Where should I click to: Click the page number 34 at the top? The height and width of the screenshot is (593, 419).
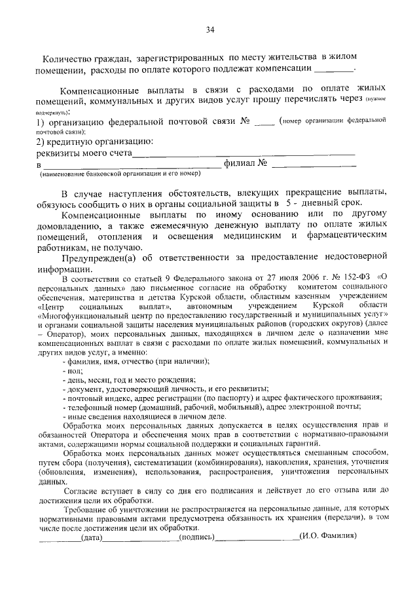pos(210,29)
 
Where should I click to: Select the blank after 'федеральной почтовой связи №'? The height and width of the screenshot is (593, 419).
pos(264,121)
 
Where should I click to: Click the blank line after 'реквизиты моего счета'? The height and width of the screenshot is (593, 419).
pos(244,154)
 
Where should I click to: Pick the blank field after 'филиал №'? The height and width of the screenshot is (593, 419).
pos(313,164)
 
